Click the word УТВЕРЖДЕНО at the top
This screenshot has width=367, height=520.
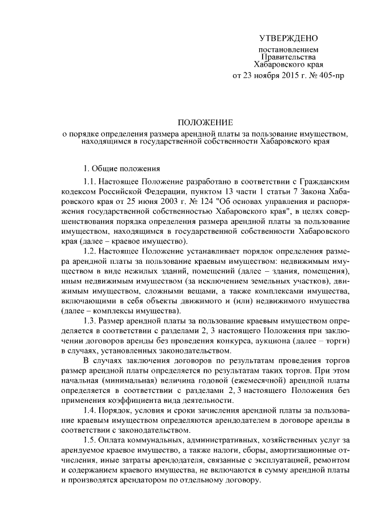click(288, 39)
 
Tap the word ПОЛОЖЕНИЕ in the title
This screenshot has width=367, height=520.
click(205, 123)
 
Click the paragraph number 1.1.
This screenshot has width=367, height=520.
click(89, 182)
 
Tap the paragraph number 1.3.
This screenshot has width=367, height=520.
click(89, 321)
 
